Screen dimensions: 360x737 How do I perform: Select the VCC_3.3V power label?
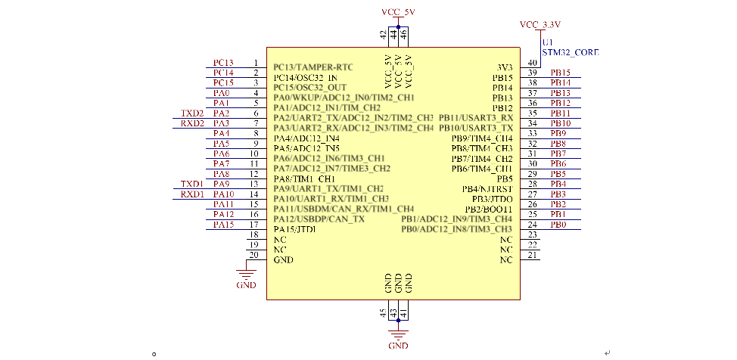point(540,25)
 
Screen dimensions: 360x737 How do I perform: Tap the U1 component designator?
point(547,42)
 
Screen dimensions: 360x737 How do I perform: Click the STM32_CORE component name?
point(570,53)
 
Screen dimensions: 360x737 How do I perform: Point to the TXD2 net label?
point(192,113)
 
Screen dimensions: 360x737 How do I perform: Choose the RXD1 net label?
point(192,194)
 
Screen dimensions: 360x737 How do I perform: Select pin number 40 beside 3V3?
point(533,63)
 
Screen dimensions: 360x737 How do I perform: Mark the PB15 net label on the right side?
point(560,73)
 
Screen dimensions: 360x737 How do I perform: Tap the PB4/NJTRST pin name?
point(487,188)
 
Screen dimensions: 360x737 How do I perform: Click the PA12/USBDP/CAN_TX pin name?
point(319,219)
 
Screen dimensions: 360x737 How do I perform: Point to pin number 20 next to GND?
point(254,255)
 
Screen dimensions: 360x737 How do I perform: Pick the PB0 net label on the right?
point(558,225)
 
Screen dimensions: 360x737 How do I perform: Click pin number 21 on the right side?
point(533,255)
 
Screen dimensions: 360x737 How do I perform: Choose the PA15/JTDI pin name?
point(294,229)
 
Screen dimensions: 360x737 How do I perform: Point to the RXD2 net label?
point(192,123)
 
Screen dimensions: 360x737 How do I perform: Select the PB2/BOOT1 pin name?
point(488,209)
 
